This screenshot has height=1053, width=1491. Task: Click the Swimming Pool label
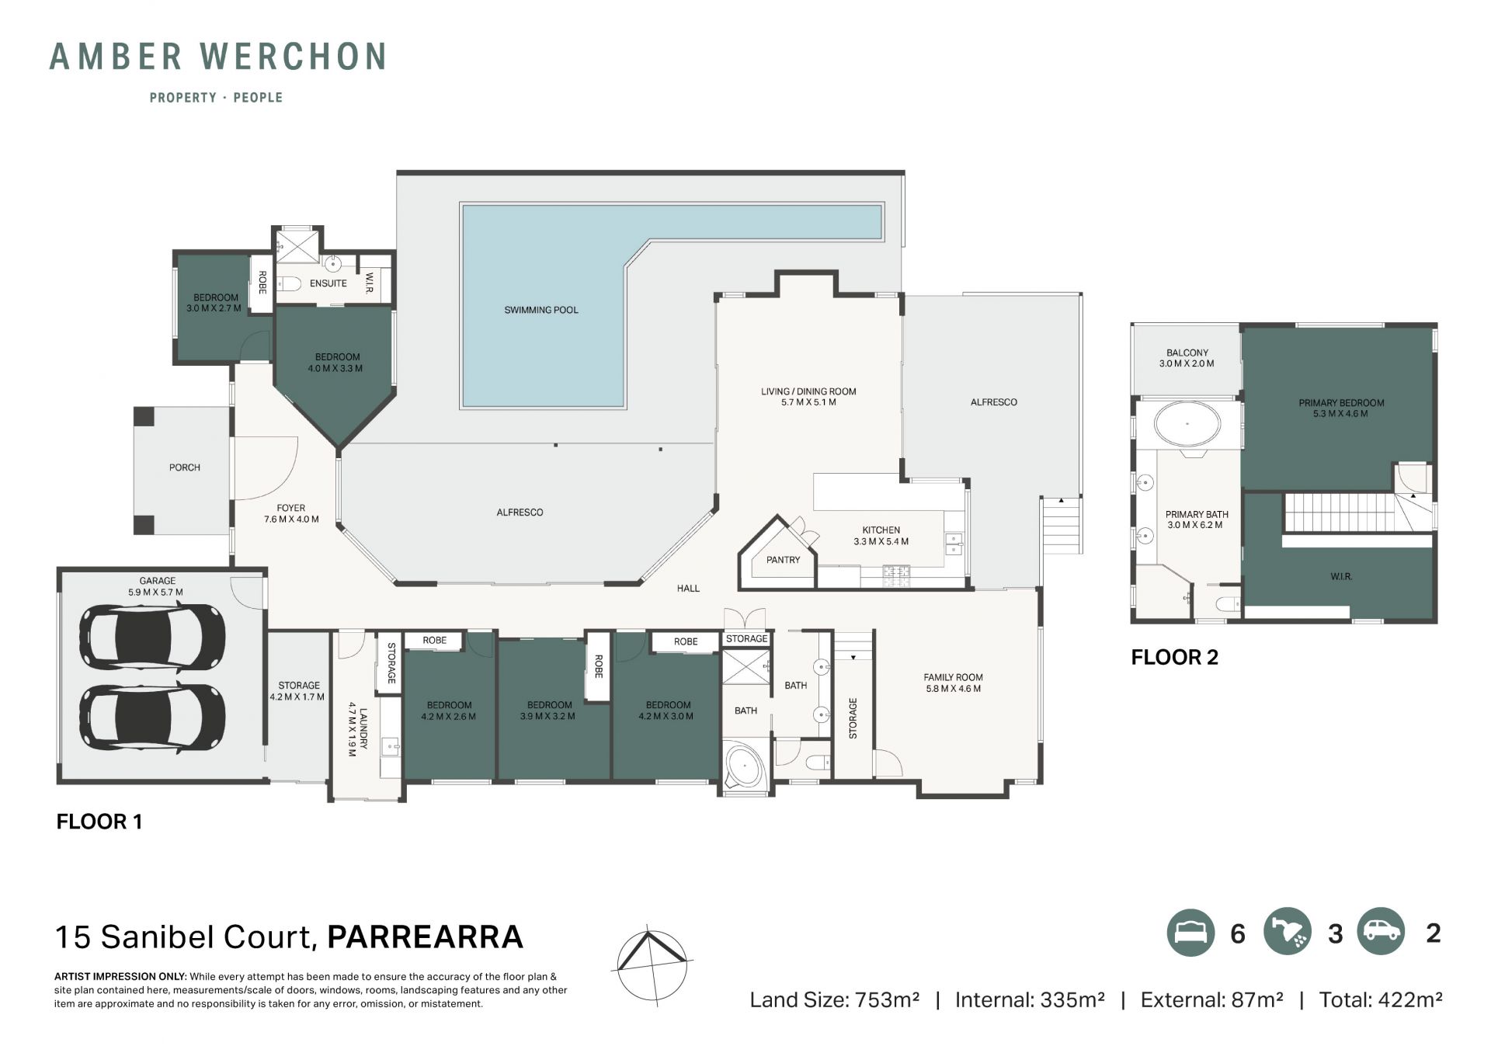point(541,310)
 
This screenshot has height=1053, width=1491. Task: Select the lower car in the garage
point(152,716)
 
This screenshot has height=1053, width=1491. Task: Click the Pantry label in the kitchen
point(783,560)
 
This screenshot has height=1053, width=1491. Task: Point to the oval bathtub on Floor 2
point(1187,425)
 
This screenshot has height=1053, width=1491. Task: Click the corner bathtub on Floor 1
point(745,766)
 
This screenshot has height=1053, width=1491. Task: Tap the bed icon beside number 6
point(1190,933)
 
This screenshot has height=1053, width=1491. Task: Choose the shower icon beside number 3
point(1288,933)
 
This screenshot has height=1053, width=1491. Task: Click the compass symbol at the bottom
point(652,965)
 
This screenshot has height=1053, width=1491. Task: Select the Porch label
point(185,467)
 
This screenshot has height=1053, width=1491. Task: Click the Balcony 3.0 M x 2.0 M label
point(1187,358)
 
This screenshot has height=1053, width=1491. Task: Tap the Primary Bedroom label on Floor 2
point(1341,408)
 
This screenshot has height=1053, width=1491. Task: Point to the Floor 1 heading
point(99,822)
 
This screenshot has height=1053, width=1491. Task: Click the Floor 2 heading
point(1174,658)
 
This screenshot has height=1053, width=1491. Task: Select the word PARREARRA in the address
point(425,937)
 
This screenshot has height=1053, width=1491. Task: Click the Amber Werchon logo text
point(218,57)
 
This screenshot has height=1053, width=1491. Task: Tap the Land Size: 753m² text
point(834,1000)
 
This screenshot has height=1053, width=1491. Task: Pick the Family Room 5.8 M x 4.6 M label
point(953,683)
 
